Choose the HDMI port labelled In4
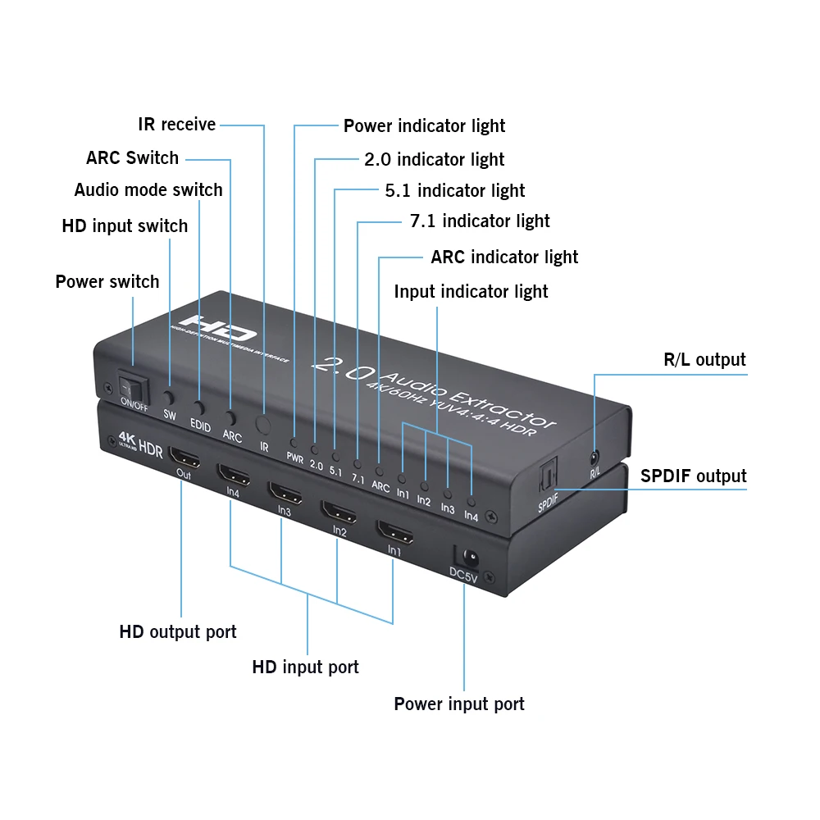[x=233, y=474]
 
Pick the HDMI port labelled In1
[x=394, y=531]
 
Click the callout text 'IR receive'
[x=176, y=125]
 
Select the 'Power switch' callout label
[x=107, y=282]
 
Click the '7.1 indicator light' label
[x=480, y=221]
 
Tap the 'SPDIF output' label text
[x=694, y=476]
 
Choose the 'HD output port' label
[x=178, y=632]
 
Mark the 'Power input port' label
[x=459, y=704]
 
